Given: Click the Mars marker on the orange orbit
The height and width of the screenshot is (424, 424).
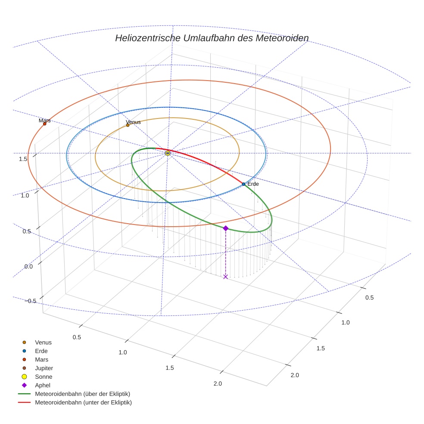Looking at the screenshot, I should (44, 124).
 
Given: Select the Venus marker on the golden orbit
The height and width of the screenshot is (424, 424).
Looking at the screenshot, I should (128, 125).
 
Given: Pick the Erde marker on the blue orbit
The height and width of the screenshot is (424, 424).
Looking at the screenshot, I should (243, 184).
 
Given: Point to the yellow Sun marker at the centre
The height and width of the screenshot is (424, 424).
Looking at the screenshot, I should (168, 153).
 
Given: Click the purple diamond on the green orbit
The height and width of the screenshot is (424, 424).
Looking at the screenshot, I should (225, 228).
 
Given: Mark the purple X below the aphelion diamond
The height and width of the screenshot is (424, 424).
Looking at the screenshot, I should (225, 277).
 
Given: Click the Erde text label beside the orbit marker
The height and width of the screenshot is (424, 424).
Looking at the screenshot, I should (253, 184).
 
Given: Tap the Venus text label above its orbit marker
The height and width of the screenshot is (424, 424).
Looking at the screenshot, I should (133, 122).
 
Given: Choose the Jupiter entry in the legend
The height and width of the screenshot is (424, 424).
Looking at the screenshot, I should (44, 368).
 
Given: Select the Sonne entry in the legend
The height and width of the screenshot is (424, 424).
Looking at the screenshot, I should (44, 377).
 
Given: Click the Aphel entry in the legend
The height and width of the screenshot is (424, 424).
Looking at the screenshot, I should (42, 385).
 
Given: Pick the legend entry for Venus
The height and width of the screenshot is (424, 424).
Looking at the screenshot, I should (43, 342).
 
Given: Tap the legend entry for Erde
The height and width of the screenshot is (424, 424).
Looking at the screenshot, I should (41, 351).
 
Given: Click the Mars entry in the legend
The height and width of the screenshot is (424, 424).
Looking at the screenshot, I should (41, 359).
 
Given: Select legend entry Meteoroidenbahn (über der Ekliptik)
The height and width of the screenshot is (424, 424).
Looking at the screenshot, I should (82, 394).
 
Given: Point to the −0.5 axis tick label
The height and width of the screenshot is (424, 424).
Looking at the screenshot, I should (30, 301).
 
